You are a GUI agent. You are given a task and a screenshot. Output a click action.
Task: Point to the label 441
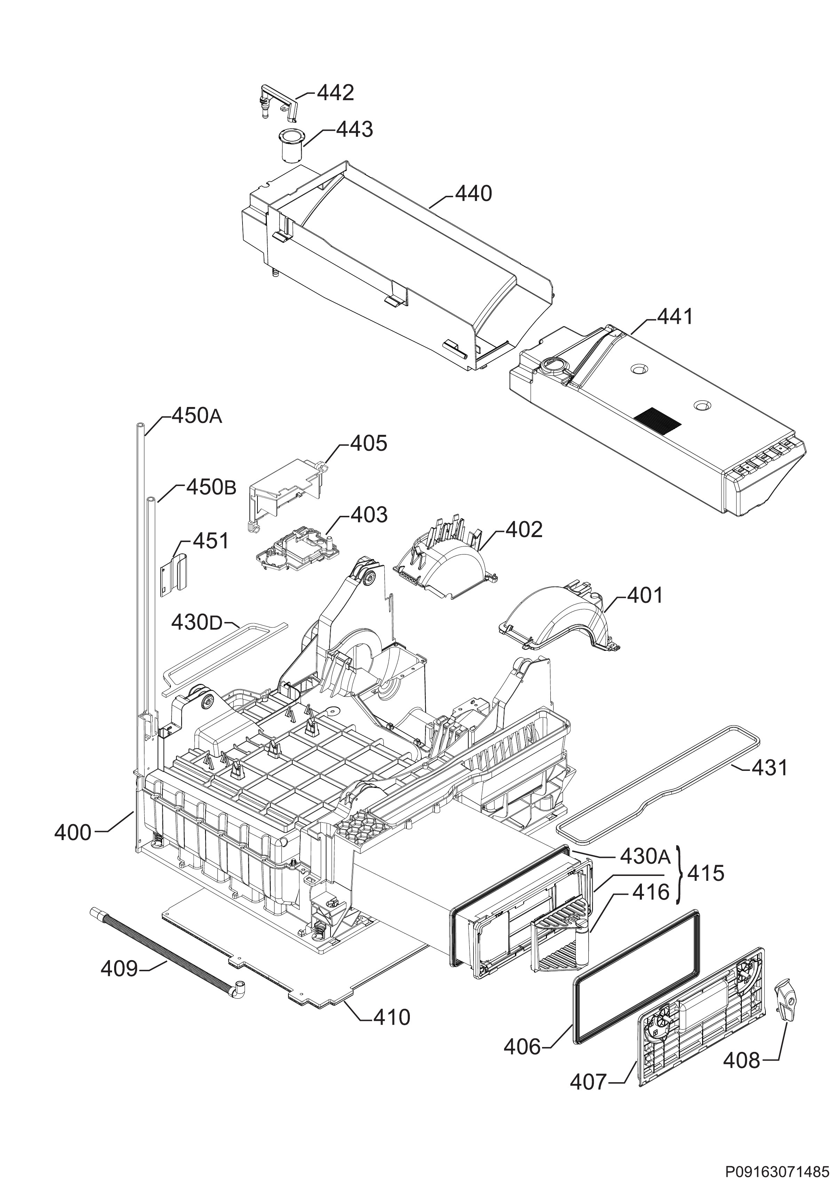pos(675,317)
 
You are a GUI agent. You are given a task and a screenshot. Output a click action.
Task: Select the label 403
pos(369,514)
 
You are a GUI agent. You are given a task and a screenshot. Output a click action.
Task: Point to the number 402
pos(524,529)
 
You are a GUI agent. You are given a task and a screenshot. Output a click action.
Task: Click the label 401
pos(645,596)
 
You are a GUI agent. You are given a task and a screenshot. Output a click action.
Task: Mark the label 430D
pos(196,623)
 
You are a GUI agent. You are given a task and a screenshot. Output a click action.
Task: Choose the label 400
pos(73,832)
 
